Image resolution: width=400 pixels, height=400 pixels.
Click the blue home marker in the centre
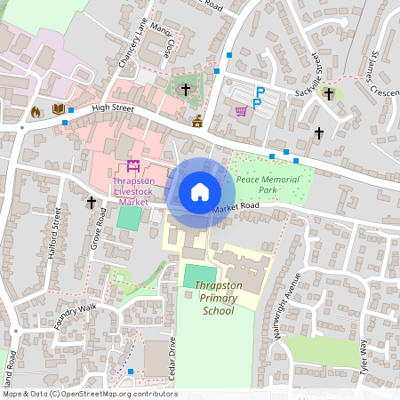(199, 192)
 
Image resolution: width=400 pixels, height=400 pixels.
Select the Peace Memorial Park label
(268, 185)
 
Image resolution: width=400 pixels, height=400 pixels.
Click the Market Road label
(236, 207)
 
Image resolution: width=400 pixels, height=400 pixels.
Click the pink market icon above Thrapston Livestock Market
(133, 165)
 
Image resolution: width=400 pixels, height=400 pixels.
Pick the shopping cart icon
(241, 110)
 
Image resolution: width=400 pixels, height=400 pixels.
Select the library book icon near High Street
(59, 109)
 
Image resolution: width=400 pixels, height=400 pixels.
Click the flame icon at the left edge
(36, 112)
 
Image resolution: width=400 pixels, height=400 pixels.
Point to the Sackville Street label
(316, 70)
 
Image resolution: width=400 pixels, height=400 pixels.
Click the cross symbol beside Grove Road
(91, 203)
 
